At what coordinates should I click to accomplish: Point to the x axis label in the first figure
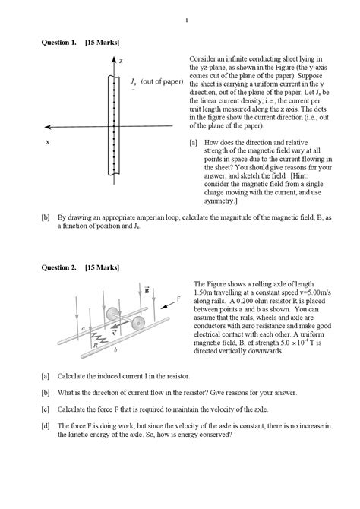click(48, 142)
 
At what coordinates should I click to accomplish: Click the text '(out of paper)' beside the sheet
click(162, 81)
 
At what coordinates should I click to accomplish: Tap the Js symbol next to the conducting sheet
click(133, 81)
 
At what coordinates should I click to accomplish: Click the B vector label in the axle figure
click(147, 289)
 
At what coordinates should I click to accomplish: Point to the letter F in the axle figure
click(178, 299)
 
